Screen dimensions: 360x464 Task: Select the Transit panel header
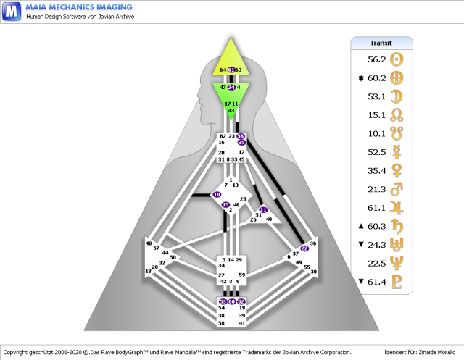point(381,43)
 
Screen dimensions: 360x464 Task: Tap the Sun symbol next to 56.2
point(397,59)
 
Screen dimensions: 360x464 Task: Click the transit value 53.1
point(376,96)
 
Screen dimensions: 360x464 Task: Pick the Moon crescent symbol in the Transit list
point(397,96)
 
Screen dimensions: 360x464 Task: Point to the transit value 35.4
point(376,171)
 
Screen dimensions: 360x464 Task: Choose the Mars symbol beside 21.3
point(397,190)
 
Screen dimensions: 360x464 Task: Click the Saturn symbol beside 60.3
point(397,227)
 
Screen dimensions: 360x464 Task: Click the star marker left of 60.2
point(360,78)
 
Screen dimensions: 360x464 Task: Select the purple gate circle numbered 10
point(217,195)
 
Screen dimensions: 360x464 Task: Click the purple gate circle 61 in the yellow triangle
point(231,70)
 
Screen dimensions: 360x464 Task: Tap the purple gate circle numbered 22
point(304,248)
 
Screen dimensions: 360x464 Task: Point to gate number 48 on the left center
point(149,243)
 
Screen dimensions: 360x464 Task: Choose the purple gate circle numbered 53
point(223,301)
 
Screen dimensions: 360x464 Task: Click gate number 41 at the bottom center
point(241,323)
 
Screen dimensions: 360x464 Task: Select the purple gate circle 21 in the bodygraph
point(263,210)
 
